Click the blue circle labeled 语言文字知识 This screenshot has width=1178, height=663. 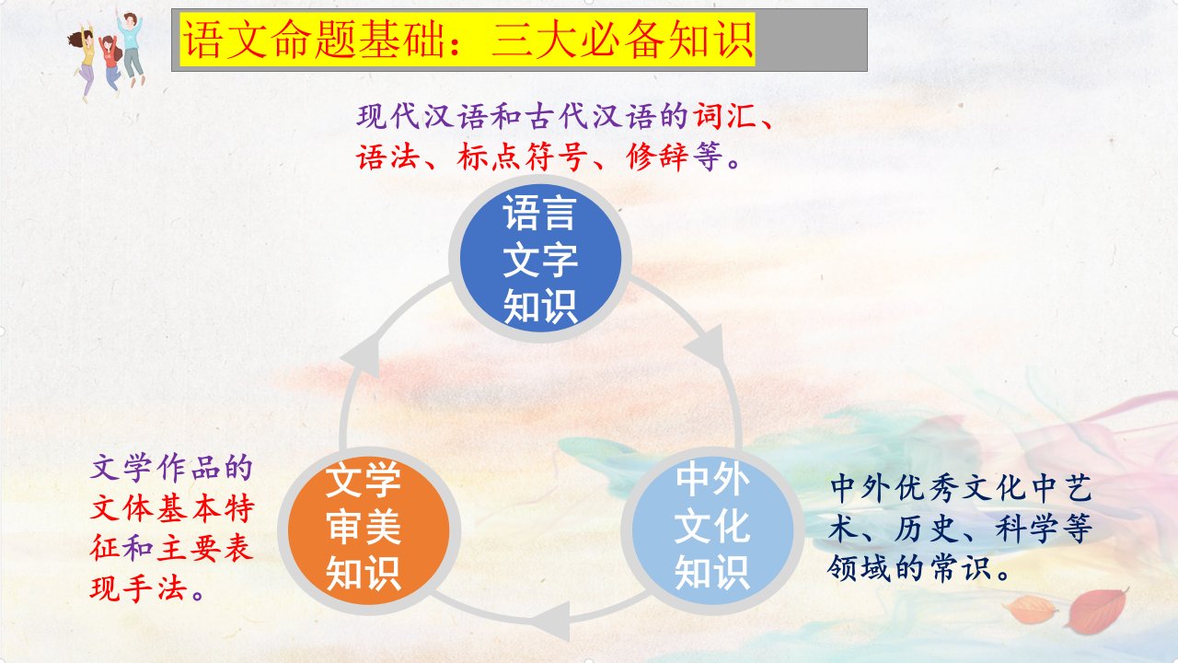(540, 258)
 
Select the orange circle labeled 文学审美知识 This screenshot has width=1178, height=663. (369, 531)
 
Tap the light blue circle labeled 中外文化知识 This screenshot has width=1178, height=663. (712, 531)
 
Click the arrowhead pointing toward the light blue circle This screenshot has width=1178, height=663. (706, 345)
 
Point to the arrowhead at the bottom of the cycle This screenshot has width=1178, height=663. (552, 622)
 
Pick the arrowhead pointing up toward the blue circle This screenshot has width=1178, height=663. (362, 355)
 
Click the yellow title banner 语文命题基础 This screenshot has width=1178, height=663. (468, 40)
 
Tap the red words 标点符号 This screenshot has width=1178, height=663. (521, 157)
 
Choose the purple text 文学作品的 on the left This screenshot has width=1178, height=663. (171, 469)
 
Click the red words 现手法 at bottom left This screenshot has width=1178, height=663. (139, 588)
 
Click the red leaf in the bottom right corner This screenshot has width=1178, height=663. (1096, 611)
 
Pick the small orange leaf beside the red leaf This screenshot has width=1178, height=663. (1030, 610)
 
